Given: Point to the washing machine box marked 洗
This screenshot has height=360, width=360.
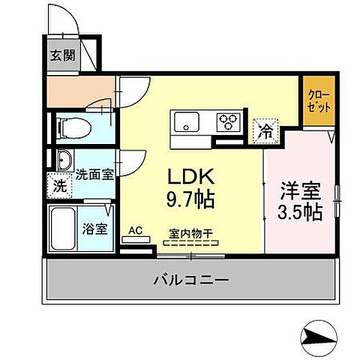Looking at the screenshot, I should pos(59,185).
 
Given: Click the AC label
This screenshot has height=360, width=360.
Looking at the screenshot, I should pos(136,231).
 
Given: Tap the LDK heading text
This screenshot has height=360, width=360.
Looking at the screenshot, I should pos(192,177).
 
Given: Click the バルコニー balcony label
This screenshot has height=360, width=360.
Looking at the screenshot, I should pos(191,278).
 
